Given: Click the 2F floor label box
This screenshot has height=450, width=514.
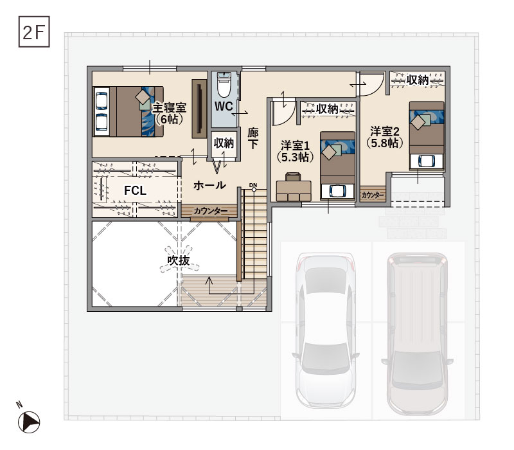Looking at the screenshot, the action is click(34, 32).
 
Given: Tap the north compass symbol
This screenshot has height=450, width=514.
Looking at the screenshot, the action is click(29, 422).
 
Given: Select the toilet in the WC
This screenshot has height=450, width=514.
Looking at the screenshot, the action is click(224, 85).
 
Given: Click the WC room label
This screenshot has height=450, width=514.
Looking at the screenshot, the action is click(224, 106).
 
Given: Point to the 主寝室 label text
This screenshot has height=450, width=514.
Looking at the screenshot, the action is click(169, 107).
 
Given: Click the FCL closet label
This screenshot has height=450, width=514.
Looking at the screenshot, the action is click(135, 190).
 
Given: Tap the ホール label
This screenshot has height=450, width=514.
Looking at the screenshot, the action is click(210, 185).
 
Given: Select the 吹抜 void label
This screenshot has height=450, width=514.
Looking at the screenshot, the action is click(179, 260).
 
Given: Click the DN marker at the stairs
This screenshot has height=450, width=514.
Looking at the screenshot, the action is click(253, 185).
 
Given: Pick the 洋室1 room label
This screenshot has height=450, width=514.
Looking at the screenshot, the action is click(295, 145).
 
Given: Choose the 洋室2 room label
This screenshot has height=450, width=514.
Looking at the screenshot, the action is click(385, 131).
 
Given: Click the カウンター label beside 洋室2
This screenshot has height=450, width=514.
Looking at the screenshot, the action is click(373, 195).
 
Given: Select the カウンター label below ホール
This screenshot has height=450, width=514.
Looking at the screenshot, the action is click(211, 211).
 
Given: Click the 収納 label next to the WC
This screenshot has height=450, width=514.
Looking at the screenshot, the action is click(224, 143).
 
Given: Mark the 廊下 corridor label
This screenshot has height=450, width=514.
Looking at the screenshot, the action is click(253, 138).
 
